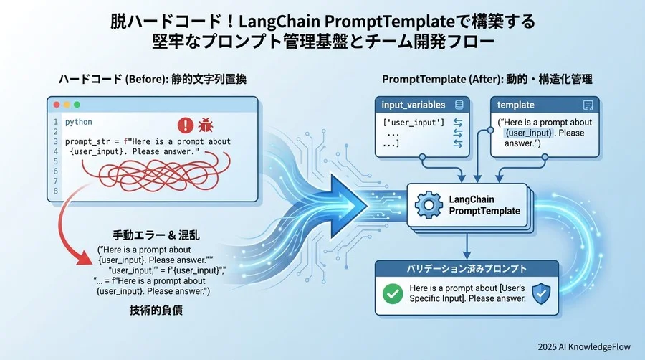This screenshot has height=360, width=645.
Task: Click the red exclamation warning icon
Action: [186, 125]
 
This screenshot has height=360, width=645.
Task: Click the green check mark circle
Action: [393, 293]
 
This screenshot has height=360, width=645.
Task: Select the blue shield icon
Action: [541, 293]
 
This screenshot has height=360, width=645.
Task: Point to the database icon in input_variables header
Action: [459, 105]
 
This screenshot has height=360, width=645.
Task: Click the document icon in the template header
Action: [588, 105]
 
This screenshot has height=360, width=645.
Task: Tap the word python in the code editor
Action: [79, 122]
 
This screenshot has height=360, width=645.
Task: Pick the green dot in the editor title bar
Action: [77, 105]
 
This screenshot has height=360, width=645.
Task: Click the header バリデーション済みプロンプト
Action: [467, 268]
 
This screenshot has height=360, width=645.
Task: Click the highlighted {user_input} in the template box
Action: [528, 133]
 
